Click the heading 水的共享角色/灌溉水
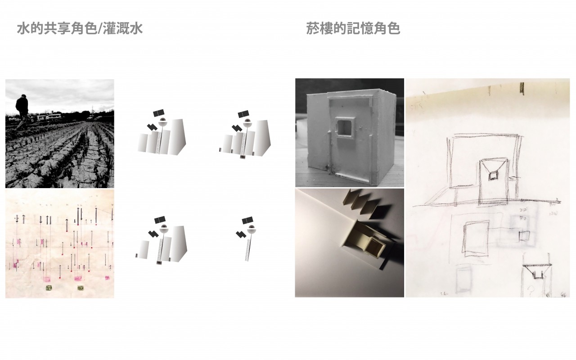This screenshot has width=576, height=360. click(80, 29)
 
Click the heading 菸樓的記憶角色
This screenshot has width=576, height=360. click(353, 29)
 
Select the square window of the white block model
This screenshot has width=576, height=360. click(345, 126)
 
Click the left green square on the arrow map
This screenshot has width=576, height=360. click(49, 288)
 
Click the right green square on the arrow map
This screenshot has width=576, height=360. click(81, 288)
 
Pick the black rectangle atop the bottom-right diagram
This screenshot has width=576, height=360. click(247, 220)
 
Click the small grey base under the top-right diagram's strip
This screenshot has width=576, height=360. click(242, 157)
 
